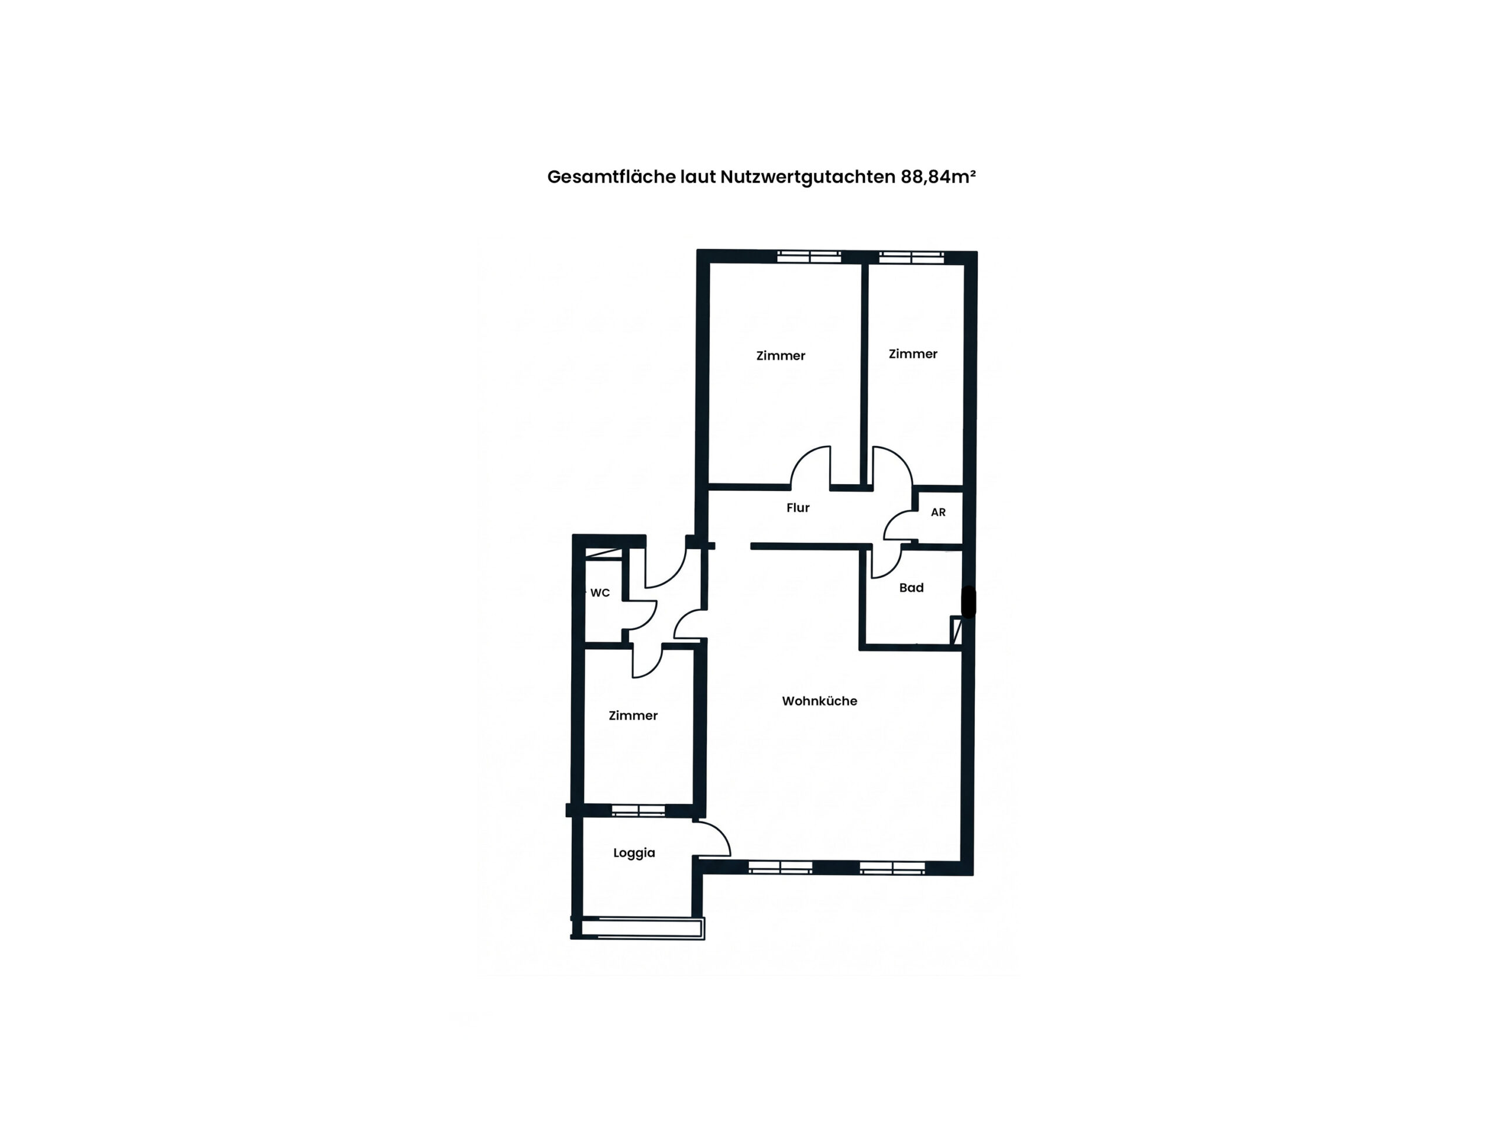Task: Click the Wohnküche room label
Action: [819, 701]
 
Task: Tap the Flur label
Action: [798, 508]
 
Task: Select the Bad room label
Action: [911, 587]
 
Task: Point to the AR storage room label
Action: [938, 512]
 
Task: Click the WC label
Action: [600, 593]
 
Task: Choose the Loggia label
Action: [634, 853]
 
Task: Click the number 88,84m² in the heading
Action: [938, 177]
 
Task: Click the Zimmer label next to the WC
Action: [633, 715]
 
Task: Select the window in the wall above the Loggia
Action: [638, 810]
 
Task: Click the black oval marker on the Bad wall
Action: [968, 602]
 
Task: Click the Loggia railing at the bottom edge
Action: [638, 927]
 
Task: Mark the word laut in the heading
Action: [698, 177]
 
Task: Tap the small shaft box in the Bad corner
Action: [956, 630]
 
